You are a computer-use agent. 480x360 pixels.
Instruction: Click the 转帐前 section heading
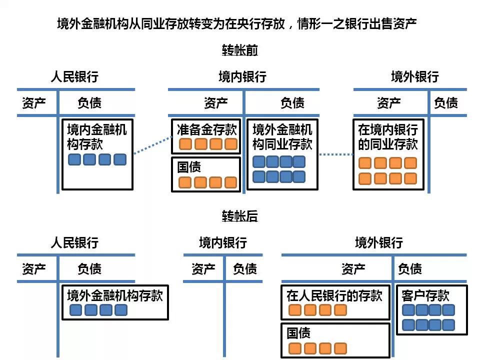240,50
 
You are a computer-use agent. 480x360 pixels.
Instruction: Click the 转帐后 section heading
240,216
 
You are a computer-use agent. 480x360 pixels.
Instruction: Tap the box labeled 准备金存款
206,136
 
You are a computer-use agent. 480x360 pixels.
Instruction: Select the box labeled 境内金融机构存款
97,154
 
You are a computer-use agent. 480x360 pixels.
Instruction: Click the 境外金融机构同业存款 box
282,154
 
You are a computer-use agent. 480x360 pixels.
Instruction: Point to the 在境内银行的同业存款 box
388,154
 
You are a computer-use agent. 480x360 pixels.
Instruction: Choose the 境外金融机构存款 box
115,302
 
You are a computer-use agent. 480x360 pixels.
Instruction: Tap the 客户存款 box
431,309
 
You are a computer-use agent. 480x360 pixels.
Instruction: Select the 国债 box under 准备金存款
206,174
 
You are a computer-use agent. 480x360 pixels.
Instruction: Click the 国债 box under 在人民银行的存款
335,340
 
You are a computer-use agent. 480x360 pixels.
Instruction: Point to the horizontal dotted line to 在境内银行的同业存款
336,154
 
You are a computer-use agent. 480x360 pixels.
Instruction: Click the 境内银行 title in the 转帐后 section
223,243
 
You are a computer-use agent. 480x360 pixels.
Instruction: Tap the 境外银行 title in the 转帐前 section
414,77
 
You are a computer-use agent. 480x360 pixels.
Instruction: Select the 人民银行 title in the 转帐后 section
74,243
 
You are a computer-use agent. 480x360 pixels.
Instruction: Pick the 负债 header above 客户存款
410,269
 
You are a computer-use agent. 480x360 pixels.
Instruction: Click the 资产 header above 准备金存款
216,103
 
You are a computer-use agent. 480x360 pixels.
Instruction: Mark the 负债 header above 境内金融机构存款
89,103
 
